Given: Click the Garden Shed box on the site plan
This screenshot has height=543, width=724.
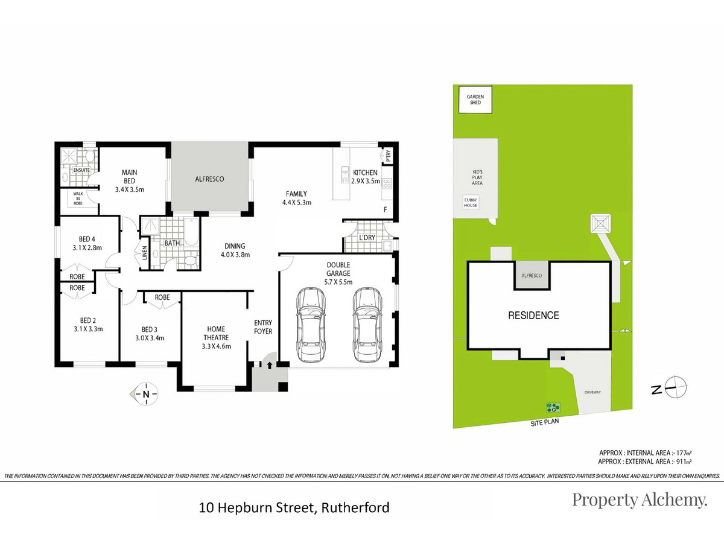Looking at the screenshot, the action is point(475,99).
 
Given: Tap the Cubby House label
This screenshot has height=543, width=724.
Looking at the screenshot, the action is point(471,203).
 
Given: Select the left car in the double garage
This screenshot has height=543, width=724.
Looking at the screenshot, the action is point(311,325).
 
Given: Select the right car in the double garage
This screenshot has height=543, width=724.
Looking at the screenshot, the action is point(367,325).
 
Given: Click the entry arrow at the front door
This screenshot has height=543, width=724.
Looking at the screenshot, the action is point(270,365).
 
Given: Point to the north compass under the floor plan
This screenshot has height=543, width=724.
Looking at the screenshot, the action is point(145,394).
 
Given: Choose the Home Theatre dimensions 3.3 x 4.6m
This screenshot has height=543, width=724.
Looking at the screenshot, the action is point(217,346).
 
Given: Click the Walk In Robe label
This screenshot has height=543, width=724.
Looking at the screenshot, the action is point(78,198).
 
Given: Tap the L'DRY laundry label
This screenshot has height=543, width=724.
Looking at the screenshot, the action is point(367,238).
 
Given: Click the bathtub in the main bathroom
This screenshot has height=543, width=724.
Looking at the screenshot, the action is point(191,232).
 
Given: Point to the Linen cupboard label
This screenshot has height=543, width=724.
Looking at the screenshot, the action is point(145,253).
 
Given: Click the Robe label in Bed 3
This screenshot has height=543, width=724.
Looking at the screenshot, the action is point(162,297).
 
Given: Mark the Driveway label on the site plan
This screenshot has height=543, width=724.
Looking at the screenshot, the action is point(592,392).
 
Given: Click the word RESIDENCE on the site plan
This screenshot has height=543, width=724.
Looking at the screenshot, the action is point(533,316).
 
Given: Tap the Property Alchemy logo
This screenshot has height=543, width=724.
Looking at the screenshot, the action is point(640,500).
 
